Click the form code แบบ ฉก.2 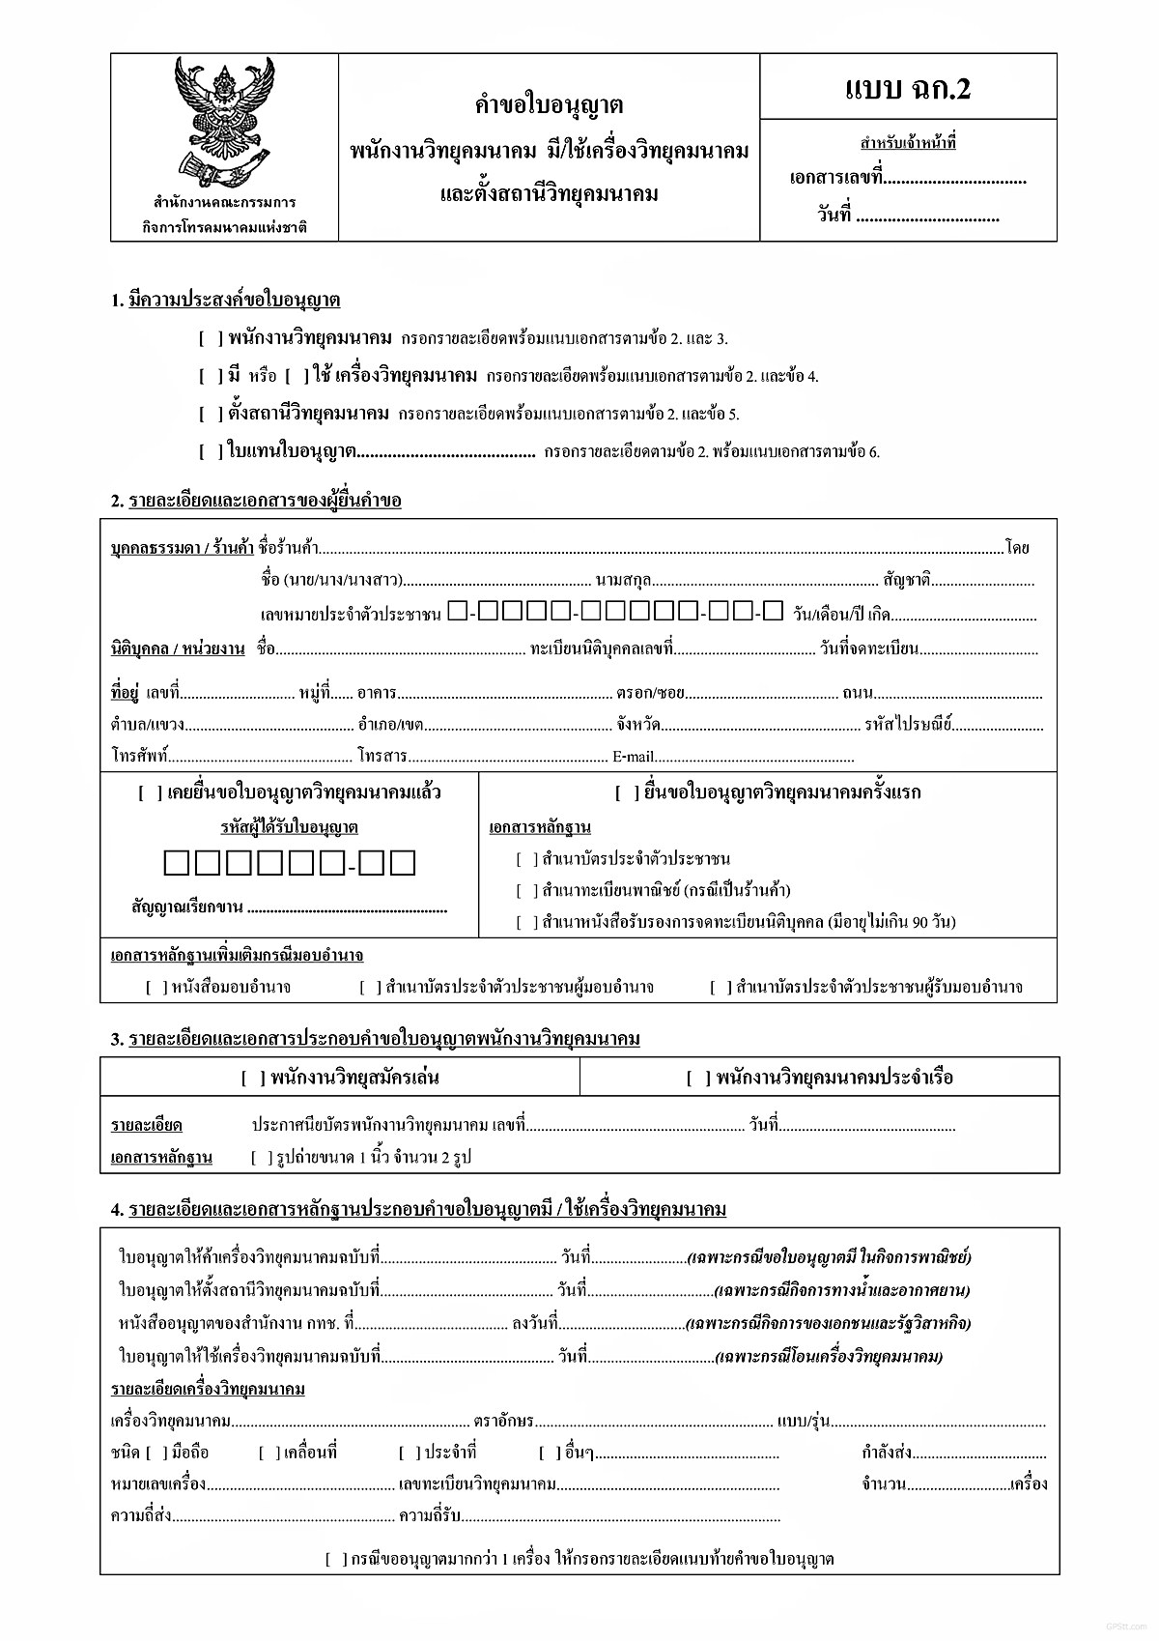point(908,89)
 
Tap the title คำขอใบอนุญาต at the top point(549,103)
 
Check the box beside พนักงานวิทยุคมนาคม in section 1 point(212,338)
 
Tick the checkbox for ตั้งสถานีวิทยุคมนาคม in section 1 point(212,415)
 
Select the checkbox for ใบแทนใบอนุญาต point(212,451)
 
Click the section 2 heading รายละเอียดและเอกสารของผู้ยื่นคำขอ point(265,501)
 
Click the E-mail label point(633,757)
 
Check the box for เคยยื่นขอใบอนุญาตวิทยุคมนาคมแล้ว point(150,793)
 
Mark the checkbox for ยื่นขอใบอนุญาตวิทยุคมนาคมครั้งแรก point(627,793)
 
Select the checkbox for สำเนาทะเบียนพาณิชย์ point(527,891)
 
